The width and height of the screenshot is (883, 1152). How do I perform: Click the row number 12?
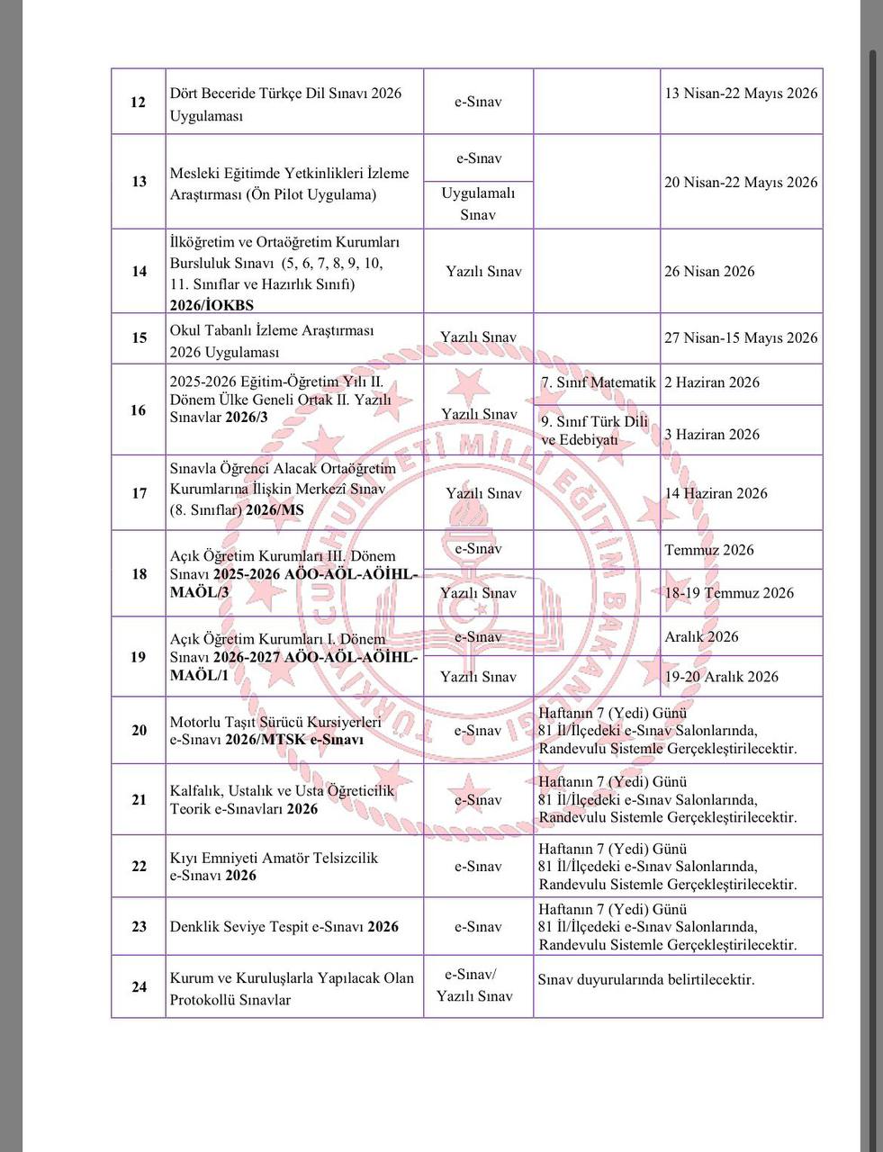tap(139, 102)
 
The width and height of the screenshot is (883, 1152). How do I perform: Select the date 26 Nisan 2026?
tap(709, 272)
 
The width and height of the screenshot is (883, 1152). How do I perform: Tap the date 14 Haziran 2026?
tap(716, 493)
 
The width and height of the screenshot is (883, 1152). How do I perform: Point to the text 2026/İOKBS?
tap(212, 305)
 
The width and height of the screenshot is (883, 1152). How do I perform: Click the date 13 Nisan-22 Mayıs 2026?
tap(741, 94)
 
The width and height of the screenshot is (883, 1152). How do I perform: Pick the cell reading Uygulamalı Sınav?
tap(478, 204)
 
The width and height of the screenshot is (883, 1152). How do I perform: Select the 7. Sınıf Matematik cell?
tap(598, 382)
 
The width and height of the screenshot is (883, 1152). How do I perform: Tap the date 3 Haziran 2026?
tap(711, 435)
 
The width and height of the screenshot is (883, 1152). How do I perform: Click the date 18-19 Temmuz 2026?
tap(729, 592)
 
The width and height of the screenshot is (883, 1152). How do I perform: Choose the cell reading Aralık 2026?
tap(701, 636)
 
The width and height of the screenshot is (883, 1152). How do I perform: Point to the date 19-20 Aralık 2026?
tap(721, 677)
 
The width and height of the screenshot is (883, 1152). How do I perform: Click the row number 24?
tap(139, 987)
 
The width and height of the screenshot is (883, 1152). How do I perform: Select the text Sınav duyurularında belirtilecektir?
tap(645, 979)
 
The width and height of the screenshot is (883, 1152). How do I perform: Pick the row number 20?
tap(139, 730)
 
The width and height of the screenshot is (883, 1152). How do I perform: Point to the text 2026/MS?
tap(275, 510)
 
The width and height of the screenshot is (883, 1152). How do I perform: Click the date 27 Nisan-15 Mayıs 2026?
tap(741, 338)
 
